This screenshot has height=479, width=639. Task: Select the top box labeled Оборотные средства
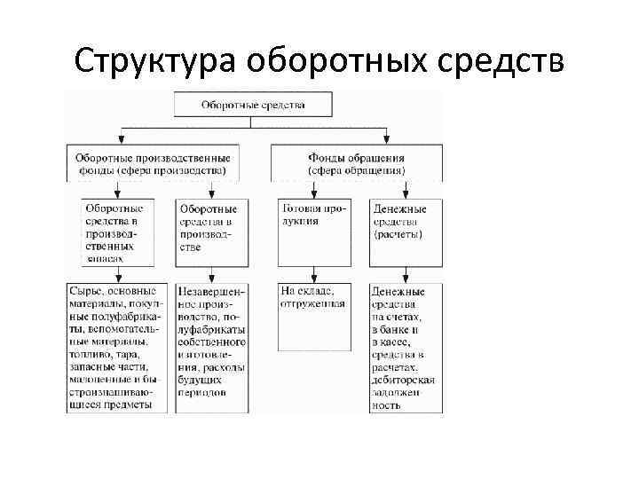tap(253, 105)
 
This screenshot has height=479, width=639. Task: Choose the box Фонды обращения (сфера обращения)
tap(356, 163)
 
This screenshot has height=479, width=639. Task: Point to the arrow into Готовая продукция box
tap(312, 192)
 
